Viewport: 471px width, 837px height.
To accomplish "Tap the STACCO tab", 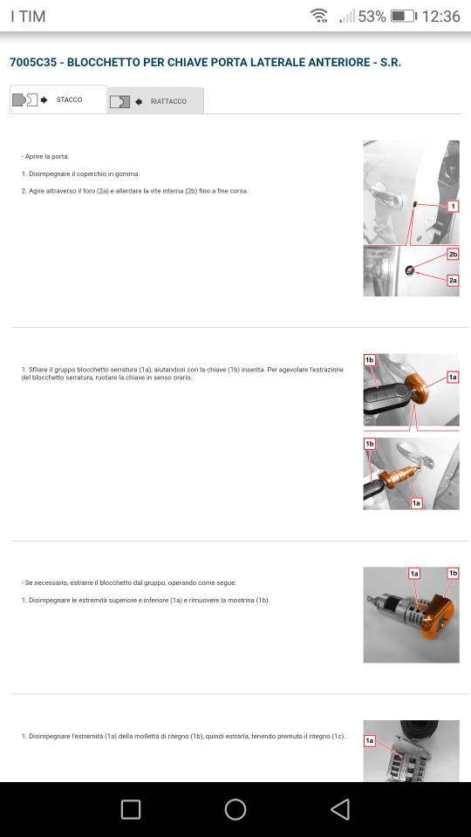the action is tap(58, 99).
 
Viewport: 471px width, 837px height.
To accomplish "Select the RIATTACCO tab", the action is tap(155, 101).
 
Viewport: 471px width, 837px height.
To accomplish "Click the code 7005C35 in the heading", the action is tap(33, 63).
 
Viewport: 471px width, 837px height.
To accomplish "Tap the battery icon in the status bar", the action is tap(403, 16).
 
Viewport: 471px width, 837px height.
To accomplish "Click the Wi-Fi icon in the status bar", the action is tap(319, 16).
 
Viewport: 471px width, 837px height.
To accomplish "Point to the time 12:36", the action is tap(441, 16).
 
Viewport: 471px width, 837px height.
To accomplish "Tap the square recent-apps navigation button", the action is tap(131, 809).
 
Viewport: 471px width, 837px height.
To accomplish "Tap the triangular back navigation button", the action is tap(340, 809).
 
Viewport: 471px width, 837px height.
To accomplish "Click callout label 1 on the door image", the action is tap(453, 206).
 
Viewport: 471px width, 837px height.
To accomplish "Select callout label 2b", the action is tap(453, 255).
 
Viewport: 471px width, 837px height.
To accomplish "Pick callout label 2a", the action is tap(453, 280).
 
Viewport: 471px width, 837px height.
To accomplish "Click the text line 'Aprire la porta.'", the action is tap(45, 156).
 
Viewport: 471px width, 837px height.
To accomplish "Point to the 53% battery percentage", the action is tap(372, 16).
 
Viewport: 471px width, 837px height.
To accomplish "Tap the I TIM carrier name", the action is tap(28, 16).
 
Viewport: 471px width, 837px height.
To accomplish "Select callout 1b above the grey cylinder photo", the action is tap(453, 574).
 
